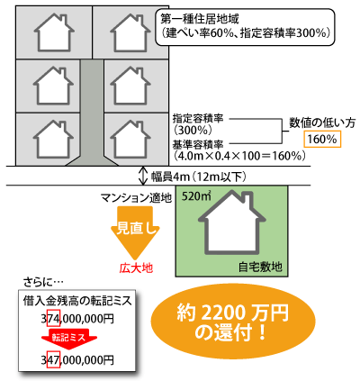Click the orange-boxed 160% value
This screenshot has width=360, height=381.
322,140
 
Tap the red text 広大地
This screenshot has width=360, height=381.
136,268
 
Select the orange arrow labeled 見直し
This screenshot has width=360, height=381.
135,232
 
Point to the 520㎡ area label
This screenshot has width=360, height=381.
196,196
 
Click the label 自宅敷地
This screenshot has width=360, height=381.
260,267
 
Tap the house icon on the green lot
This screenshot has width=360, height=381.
231,222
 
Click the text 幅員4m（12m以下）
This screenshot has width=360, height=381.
198,177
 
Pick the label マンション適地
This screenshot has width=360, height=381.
136,198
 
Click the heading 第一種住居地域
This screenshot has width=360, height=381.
200,20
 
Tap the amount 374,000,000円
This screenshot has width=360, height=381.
77,319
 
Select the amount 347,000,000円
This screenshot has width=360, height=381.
77,359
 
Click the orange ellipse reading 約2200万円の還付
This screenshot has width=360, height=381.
232,322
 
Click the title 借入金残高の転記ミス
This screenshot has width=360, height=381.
77,301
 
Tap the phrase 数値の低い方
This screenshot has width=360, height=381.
322,122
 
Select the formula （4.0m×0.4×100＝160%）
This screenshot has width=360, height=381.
239,156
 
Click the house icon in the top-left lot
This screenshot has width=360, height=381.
54,32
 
